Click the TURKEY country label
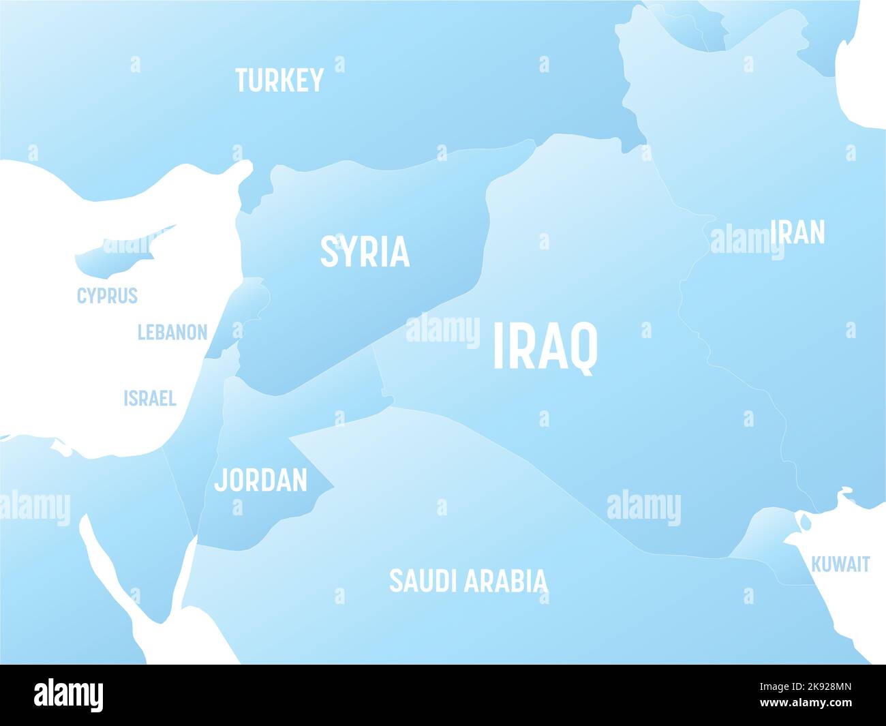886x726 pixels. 279,80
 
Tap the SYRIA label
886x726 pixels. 365,252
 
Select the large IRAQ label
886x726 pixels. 545,347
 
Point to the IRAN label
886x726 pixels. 797,232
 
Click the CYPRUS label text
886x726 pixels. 107,296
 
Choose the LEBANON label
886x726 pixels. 172,332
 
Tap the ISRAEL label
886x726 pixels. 150,398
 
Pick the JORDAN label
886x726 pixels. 261,480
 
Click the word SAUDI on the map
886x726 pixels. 421,581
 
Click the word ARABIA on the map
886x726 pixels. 506,581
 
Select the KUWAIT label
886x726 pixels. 840,564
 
